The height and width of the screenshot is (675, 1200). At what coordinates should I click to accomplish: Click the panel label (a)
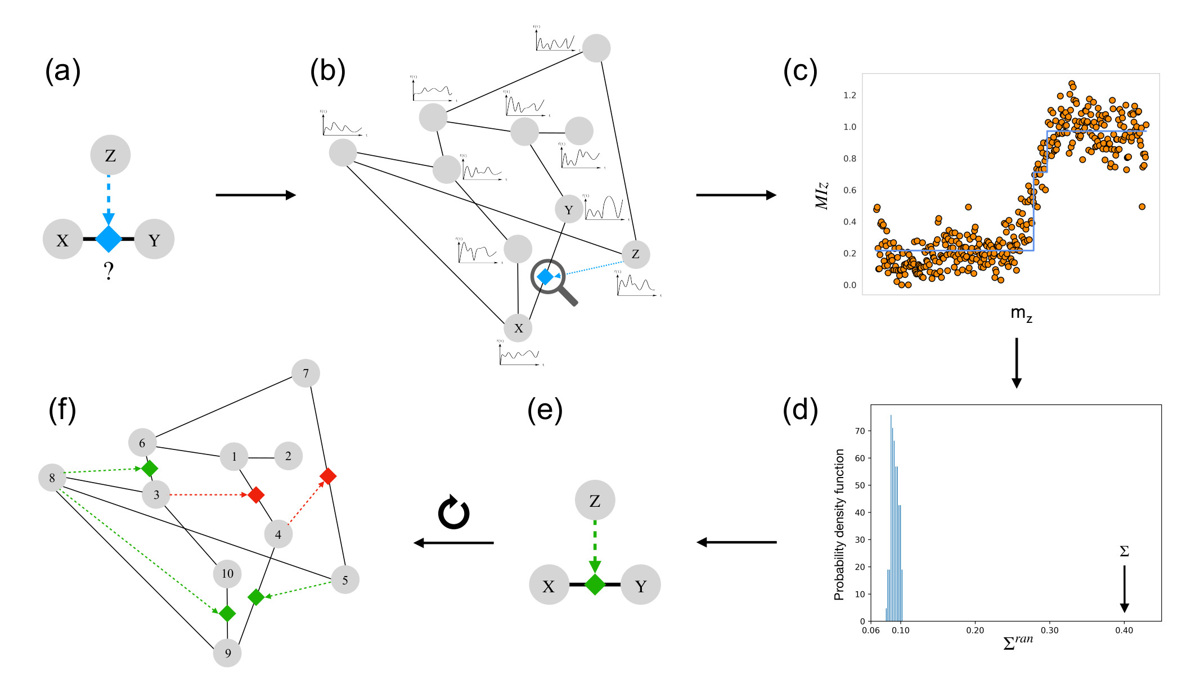[62, 72]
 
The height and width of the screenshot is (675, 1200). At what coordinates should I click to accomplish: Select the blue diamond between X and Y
[109, 239]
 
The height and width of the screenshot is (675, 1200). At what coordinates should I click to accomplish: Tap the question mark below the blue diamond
[109, 271]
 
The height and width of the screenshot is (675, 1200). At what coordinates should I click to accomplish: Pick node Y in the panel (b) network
[569, 210]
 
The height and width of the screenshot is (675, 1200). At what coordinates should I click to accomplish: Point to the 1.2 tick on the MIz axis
[850, 96]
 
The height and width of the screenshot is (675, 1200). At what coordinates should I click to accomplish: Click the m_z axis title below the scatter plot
[1021, 313]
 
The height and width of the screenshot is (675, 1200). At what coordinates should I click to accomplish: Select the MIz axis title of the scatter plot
[822, 195]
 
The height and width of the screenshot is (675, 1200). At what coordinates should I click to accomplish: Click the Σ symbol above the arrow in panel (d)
[1124, 551]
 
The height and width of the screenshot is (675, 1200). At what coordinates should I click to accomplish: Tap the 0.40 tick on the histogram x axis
[1124, 631]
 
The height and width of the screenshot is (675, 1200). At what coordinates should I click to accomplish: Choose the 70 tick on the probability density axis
[860, 431]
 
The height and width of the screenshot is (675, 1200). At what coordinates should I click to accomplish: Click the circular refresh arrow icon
[453, 512]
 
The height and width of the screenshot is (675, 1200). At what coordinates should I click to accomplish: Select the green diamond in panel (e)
[595, 584]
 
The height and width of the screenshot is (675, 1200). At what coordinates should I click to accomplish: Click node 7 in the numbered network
[305, 373]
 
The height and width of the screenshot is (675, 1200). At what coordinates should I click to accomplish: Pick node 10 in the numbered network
[227, 574]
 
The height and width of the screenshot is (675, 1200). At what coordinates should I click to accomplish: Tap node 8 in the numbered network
[52, 478]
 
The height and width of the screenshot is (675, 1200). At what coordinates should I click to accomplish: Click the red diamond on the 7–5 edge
[328, 476]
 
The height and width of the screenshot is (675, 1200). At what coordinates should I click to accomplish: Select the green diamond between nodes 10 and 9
[227, 613]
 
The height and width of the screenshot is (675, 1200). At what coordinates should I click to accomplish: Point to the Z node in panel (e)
[595, 500]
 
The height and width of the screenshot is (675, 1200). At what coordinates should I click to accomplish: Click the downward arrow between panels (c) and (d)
[1016, 363]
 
